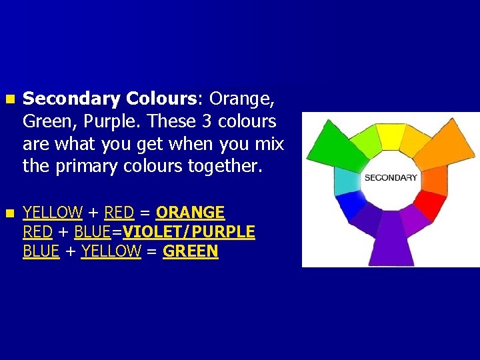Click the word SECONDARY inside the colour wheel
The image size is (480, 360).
[391, 177]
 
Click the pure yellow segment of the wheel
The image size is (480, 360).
[389, 137]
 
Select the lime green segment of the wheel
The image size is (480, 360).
[364, 140]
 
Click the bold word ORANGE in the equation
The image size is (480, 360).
[190, 213]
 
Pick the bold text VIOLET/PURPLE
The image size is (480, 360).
[189, 232]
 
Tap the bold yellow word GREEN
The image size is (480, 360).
[190, 251]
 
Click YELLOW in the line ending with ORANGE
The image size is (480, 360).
[52, 213]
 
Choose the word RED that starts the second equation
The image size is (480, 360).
[37, 232]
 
